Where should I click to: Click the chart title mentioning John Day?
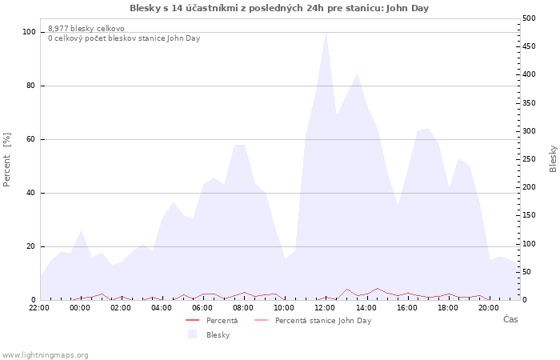click(279, 8)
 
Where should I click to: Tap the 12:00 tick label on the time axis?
click(325, 308)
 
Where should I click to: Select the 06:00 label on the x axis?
click(202, 308)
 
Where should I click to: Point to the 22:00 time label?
click(39, 308)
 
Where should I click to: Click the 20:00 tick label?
click(488, 308)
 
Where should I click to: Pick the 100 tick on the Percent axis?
click(29, 32)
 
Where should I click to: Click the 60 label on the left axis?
click(30, 139)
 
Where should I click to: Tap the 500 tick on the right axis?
click(529, 18)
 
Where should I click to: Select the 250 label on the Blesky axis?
click(529, 159)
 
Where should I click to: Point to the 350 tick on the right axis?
click(529, 103)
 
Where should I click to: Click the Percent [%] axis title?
click(6, 160)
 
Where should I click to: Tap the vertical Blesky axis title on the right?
click(553, 159)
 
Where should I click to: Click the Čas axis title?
click(510, 319)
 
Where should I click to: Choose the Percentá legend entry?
click(212, 320)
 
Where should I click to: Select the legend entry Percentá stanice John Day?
click(313, 320)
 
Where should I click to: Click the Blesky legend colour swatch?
click(192, 334)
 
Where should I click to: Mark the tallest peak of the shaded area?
click(326, 33)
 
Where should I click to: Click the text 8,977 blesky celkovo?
click(86, 29)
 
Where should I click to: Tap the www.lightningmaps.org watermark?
click(45, 355)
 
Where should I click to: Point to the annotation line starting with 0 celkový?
click(124, 38)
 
